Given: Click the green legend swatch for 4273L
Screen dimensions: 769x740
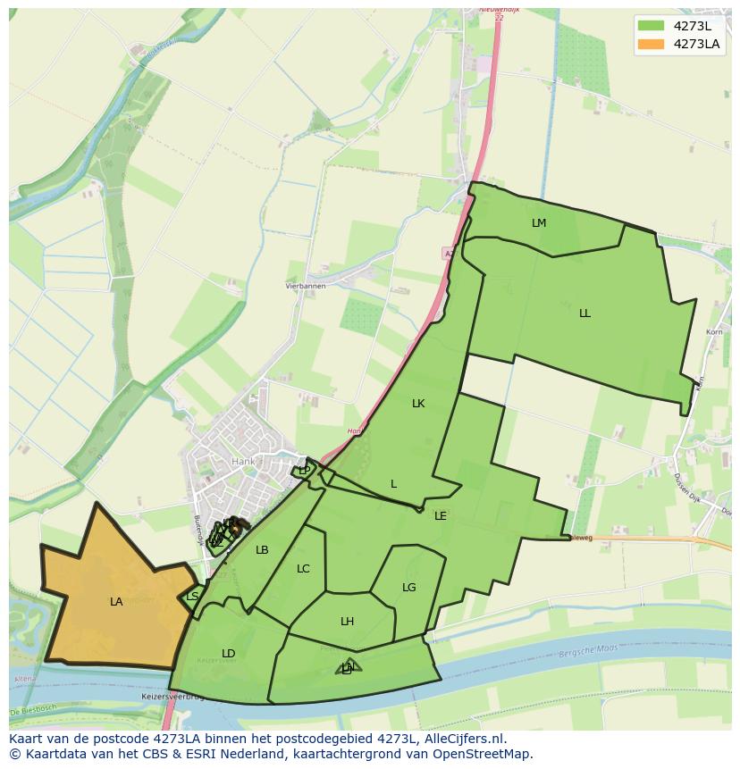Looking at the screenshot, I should point(652,25).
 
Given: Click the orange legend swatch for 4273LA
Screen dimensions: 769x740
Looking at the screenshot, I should point(652,44).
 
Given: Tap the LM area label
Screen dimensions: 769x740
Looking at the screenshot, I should point(539,223).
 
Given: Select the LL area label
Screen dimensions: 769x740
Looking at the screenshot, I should point(584,313).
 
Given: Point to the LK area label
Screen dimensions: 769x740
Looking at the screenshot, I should point(418,404).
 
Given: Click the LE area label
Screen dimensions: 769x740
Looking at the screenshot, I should point(441,516).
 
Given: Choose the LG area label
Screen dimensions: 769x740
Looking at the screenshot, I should point(409,588).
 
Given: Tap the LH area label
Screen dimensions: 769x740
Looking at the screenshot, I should point(348,622).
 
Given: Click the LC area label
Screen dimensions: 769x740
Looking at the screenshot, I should point(303,569).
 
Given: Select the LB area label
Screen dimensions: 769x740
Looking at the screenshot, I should point(262,550).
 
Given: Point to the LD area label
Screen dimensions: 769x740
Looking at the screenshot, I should point(229,654).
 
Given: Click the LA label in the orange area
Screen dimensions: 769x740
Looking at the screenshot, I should point(116,602).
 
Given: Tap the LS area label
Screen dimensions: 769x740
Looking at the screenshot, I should point(192,597).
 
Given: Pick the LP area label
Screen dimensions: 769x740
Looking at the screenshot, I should point(305,471).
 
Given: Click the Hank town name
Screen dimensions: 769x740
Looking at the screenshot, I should point(243,462).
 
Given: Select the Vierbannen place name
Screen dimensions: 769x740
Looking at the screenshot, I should point(305,286).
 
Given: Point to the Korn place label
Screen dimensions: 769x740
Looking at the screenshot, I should point(714,332).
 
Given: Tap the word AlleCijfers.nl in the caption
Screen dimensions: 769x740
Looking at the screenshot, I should point(464,739).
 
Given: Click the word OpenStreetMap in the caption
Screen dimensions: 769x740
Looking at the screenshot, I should point(483,754).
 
